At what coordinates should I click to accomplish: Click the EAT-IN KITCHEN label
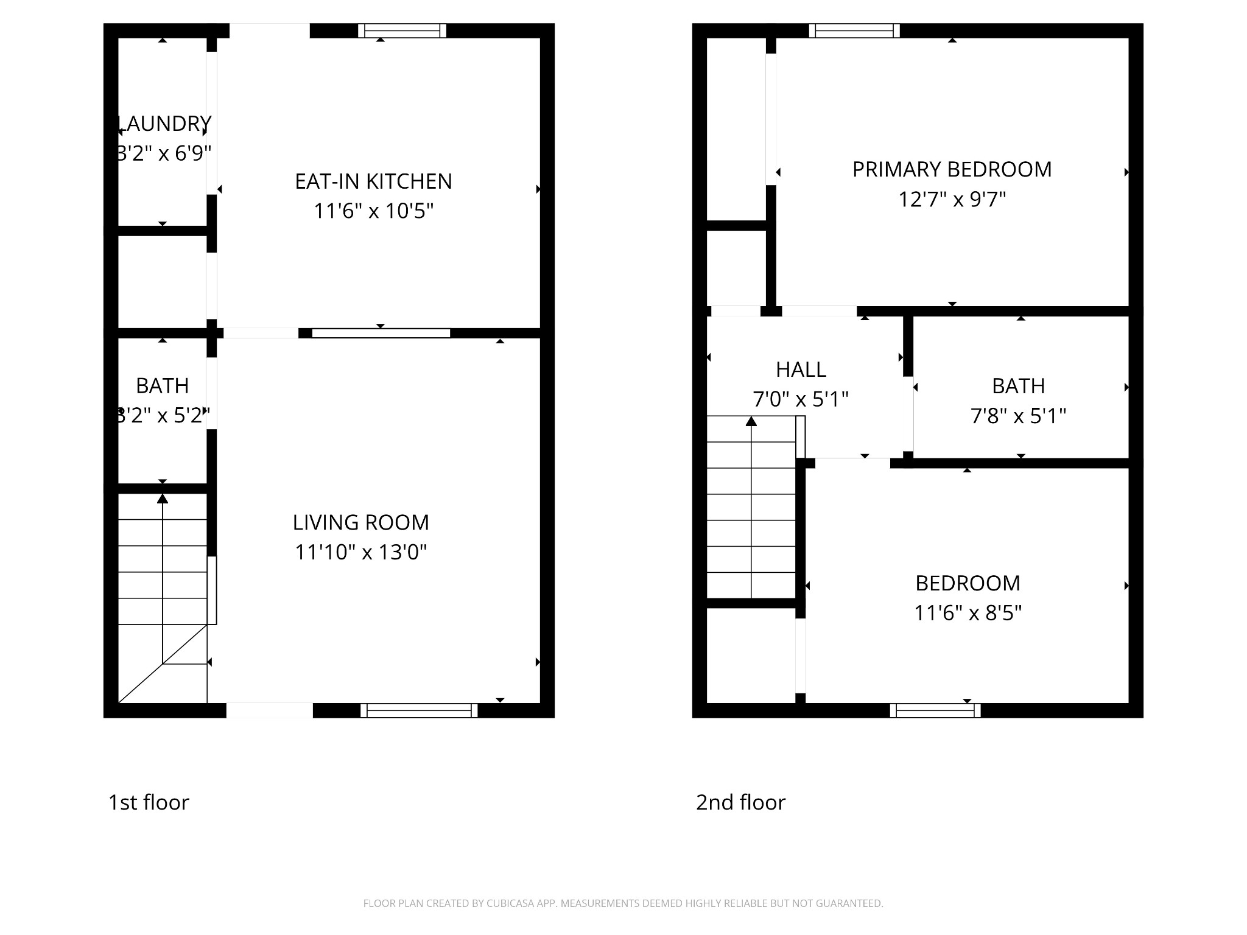pos(373,181)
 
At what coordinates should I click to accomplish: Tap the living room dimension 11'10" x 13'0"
pos(360,552)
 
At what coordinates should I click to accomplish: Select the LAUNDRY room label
pos(164,124)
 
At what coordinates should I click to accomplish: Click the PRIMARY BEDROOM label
pos(952,169)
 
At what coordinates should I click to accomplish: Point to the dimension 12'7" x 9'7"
pos(952,199)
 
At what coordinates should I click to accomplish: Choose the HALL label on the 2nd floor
pos(801,369)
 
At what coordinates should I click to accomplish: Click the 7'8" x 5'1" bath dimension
pos(1018,416)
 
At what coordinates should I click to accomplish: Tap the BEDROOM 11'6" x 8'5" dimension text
pos(968,612)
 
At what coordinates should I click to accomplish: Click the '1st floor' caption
pos(149,802)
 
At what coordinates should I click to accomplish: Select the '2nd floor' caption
pos(740,802)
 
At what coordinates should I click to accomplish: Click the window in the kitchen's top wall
pos(402,30)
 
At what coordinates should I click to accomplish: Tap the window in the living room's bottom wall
pos(419,710)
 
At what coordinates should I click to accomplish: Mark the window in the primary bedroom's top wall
pos(854,30)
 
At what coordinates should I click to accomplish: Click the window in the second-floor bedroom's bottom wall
pos(935,710)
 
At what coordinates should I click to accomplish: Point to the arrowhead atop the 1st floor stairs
pos(163,499)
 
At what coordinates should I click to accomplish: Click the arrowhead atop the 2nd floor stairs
pos(751,421)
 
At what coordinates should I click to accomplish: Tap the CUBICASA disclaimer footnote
pos(623,903)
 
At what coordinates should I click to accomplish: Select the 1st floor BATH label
pos(162,386)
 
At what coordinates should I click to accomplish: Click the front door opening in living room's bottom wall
pos(270,710)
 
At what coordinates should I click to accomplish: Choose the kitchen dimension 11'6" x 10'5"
pos(373,211)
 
